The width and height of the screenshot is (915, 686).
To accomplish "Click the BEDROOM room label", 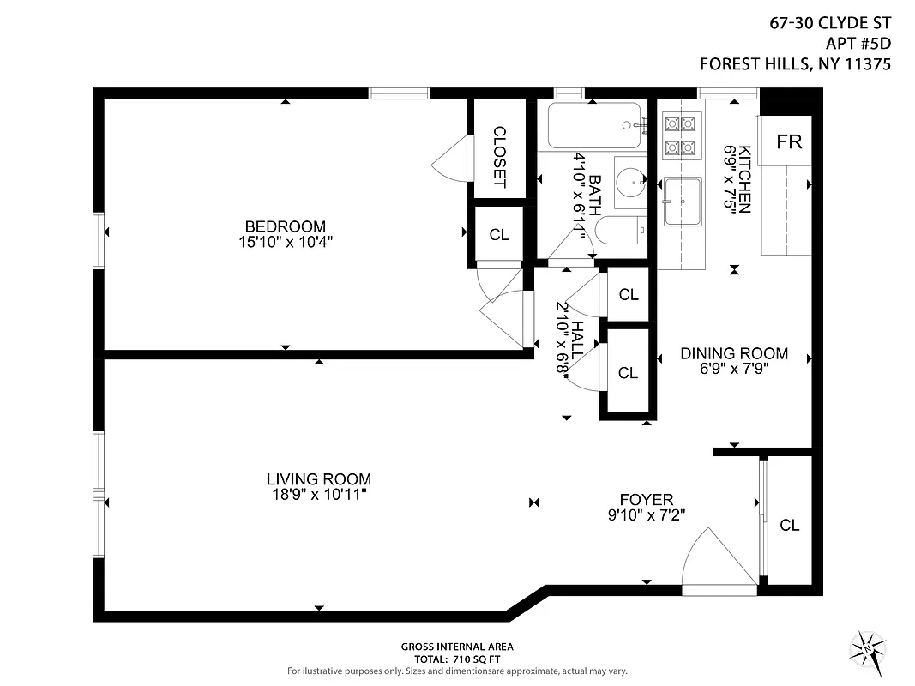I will tap(285, 227).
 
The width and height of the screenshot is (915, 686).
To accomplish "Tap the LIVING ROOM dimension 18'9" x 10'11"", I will tap(318, 495).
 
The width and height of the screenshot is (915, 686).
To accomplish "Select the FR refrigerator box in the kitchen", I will tap(788, 142).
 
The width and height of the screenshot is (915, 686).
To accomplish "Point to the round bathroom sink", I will tap(632, 180).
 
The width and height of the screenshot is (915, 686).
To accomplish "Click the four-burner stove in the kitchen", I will tap(682, 135).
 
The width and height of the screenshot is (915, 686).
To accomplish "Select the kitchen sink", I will tap(683, 201).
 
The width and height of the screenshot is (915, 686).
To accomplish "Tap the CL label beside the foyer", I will tap(789, 526).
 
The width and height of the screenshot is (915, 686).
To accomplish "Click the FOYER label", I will tap(647, 500).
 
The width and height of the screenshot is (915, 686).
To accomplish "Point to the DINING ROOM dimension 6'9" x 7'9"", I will tap(734, 369).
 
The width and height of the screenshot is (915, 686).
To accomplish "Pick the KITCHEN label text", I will tap(744, 178).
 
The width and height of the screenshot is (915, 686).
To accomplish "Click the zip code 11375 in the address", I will tap(867, 63).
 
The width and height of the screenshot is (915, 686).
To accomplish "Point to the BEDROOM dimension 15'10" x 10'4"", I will tap(285, 242).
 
